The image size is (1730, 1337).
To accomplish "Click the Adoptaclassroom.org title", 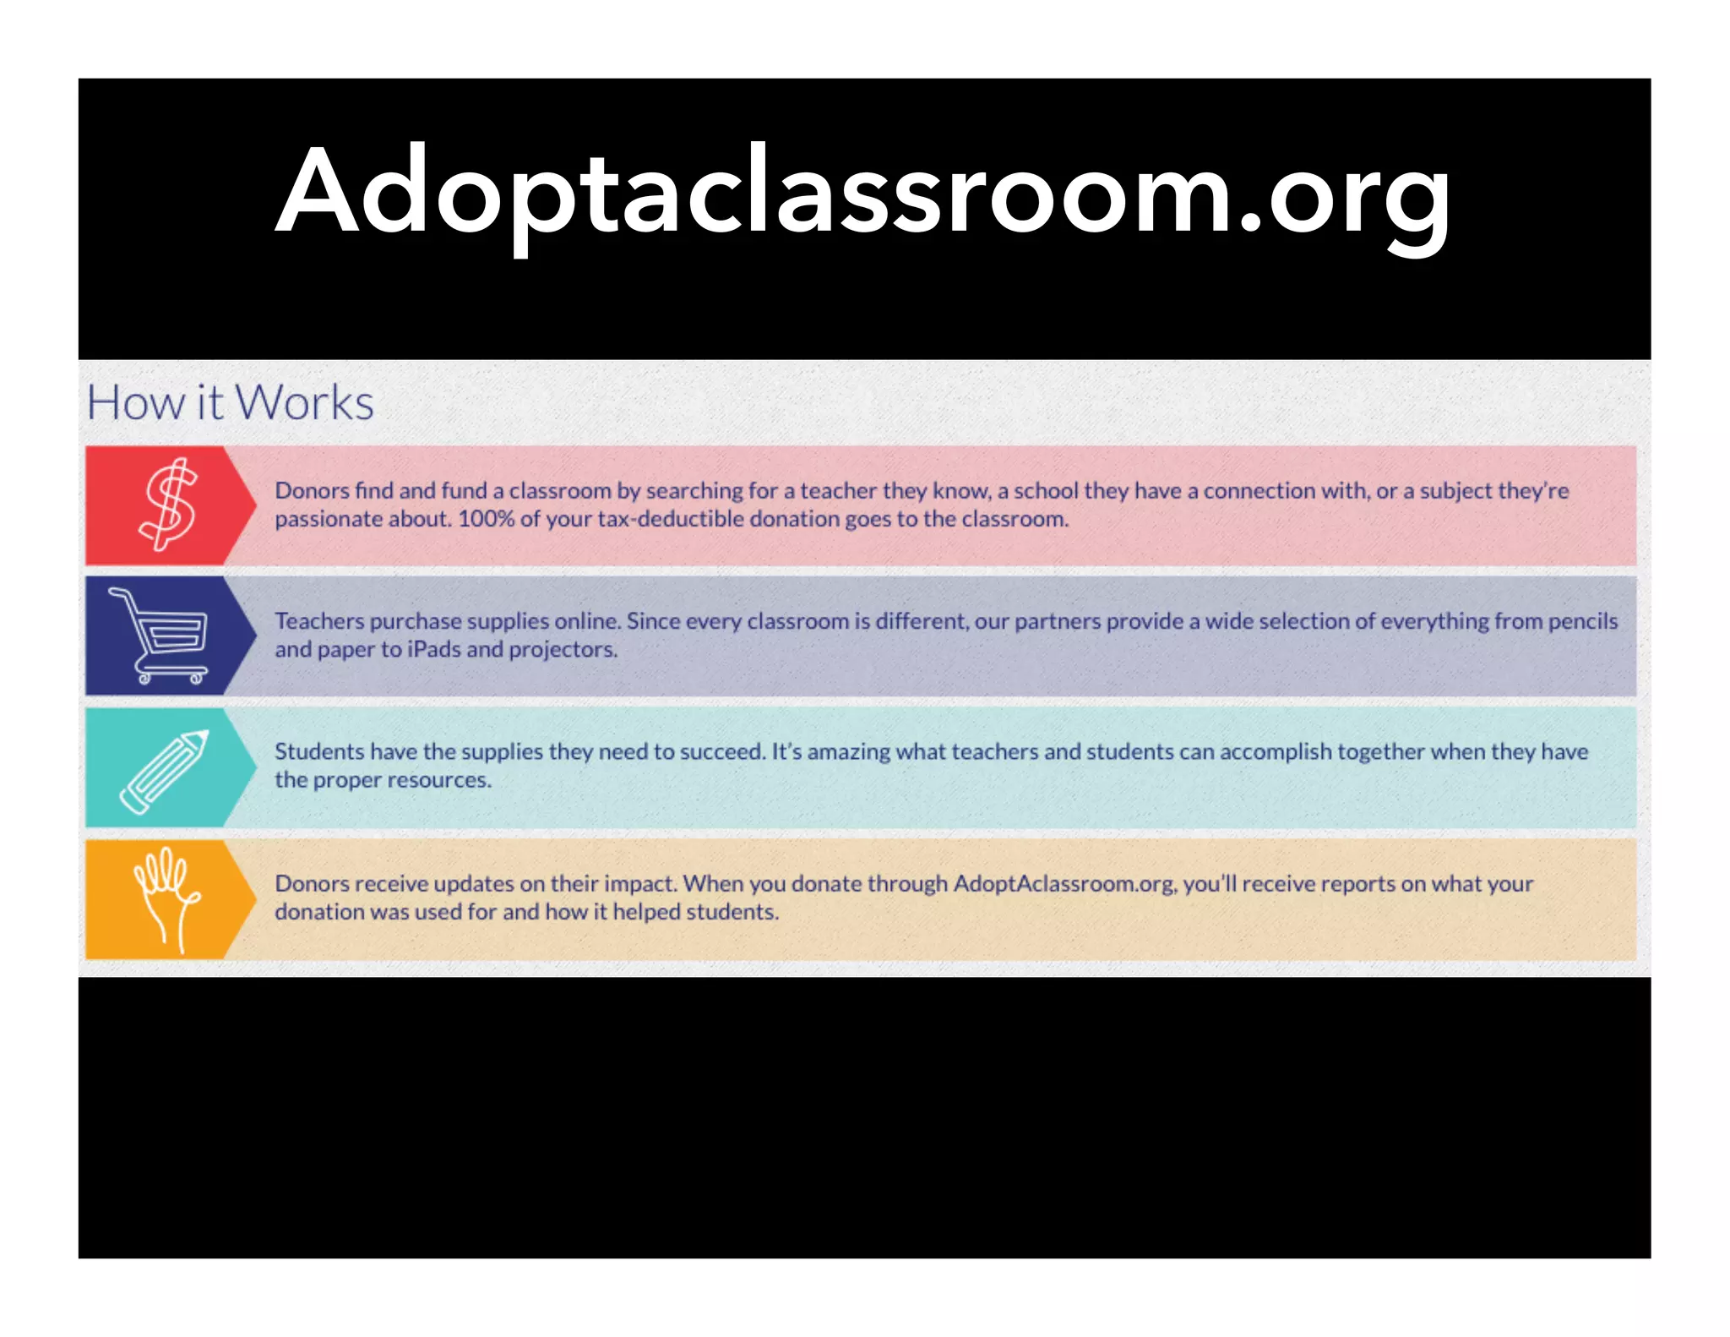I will point(863,193).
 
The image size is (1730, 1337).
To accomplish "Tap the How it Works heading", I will point(230,402).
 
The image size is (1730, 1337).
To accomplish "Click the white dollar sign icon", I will point(167,505).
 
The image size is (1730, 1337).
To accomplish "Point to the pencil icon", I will point(164,771).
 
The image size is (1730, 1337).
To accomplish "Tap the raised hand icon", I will point(167,898).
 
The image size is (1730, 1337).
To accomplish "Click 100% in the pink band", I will point(485,519).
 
